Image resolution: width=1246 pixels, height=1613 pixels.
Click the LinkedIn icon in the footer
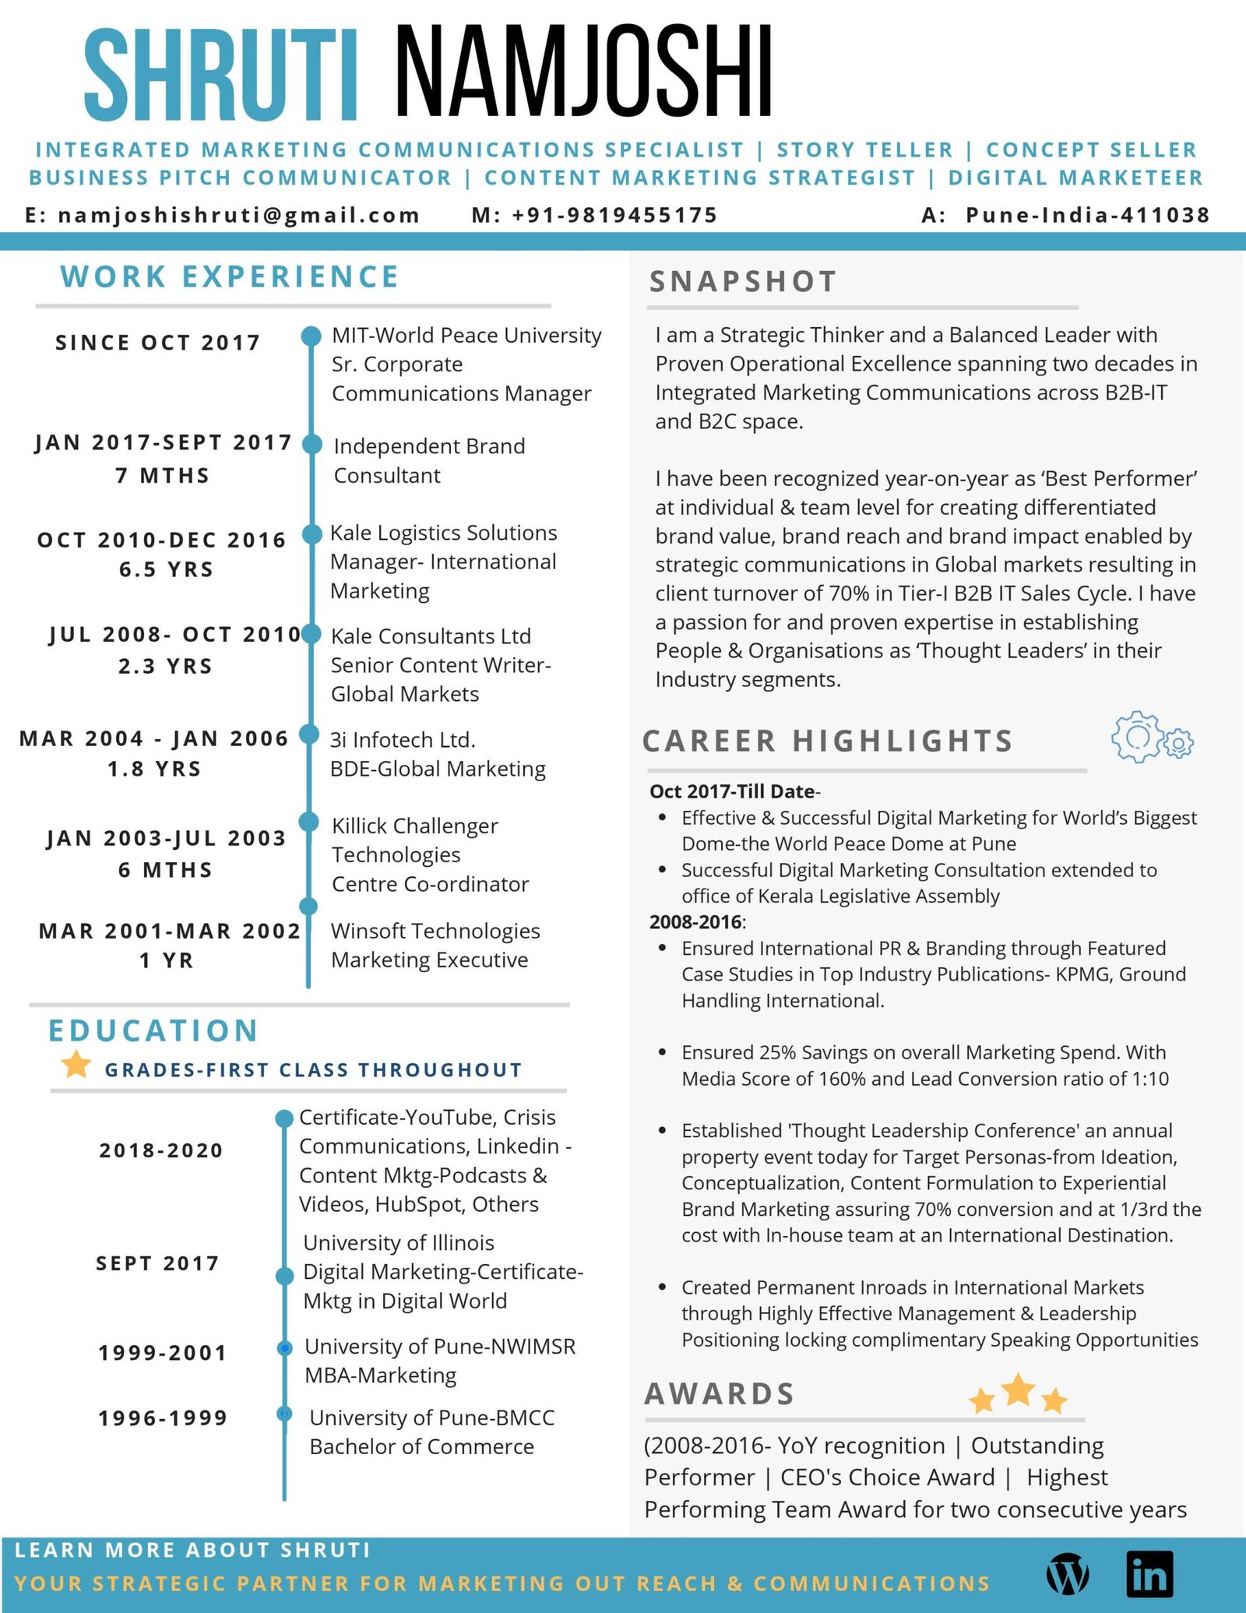tap(1149, 1572)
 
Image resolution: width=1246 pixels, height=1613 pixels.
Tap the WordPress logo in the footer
tap(1068, 1573)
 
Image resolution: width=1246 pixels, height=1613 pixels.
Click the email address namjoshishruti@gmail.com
tap(238, 215)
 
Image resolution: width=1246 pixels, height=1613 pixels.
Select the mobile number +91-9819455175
tap(614, 215)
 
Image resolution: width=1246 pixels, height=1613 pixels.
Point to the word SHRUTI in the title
tap(221, 75)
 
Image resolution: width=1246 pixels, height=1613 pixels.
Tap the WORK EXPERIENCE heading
tap(230, 277)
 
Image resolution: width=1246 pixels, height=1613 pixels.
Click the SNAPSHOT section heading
tap(743, 282)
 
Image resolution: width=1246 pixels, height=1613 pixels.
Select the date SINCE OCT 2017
tap(157, 343)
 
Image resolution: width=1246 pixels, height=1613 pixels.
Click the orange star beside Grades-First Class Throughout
tap(76, 1064)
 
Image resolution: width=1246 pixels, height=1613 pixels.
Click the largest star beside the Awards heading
tap(1018, 1389)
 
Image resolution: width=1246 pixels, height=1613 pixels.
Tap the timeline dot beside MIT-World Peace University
tap(311, 336)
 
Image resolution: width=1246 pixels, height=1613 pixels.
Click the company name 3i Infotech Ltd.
tap(403, 740)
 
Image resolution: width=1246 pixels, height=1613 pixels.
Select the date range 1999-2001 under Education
tap(162, 1353)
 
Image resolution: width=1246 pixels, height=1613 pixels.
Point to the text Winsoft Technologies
tap(435, 931)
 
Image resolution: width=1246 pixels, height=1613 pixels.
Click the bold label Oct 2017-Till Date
tap(732, 791)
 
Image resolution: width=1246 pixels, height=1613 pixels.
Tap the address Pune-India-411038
tap(1087, 215)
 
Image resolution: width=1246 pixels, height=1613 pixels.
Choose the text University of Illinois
tap(399, 1243)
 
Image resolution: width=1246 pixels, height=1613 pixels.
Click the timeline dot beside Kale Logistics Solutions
tap(311, 534)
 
